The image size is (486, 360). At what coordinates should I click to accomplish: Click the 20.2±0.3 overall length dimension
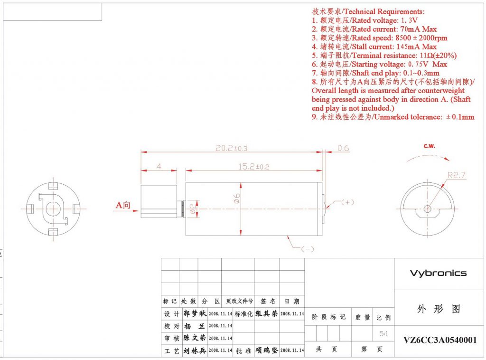click(232, 148)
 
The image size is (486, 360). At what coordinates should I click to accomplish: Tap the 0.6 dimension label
click(343, 148)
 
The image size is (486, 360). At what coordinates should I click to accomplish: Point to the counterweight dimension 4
click(159, 167)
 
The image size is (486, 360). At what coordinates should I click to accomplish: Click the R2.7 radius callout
click(457, 175)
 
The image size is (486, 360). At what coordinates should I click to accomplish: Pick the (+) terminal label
click(348, 202)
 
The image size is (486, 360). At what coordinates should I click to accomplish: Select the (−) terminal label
click(308, 248)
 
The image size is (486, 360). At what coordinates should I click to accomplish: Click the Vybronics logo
click(438, 273)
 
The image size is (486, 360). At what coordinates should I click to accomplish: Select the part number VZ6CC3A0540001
click(440, 340)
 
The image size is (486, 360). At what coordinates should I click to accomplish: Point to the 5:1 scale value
click(383, 334)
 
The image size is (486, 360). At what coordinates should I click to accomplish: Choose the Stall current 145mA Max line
click(374, 47)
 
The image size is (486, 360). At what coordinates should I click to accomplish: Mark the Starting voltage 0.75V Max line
click(379, 64)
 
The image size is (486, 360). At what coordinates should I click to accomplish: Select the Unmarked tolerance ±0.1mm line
click(393, 117)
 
